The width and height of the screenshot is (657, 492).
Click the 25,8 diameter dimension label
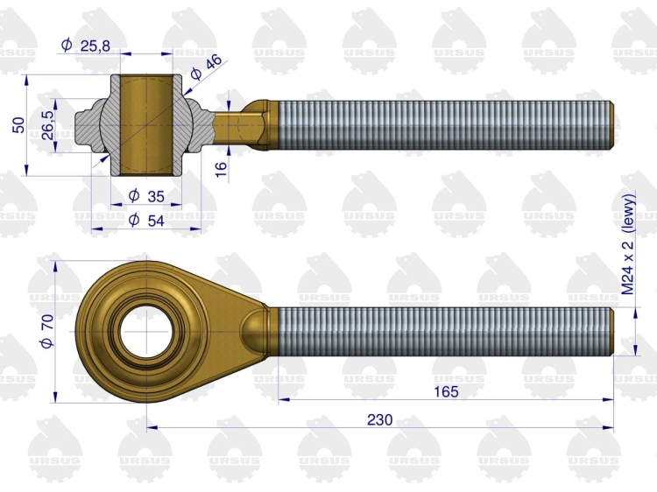pyautogui.click(x=86, y=45)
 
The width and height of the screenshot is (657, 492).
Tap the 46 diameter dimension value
pyautogui.click(x=206, y=67)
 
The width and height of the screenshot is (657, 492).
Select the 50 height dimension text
pyautogui.click(x=19, y=125)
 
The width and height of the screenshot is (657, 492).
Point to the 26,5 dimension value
pyautogui.click(x=47, y=125)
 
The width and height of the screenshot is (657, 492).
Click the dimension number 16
pyautogui.click(x=221, y=168)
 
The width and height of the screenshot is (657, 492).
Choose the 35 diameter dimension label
pyautogui.click(x=146, y=195)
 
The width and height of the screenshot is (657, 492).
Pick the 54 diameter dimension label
pyautogui.click(x=146, y=220)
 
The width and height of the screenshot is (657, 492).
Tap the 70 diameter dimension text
pyautogui.click(x=47, y=331)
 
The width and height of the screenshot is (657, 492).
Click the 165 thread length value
pyautogui.click(x=446, y=391)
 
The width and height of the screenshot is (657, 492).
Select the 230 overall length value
pyautogui.click(x=379, y=419)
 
